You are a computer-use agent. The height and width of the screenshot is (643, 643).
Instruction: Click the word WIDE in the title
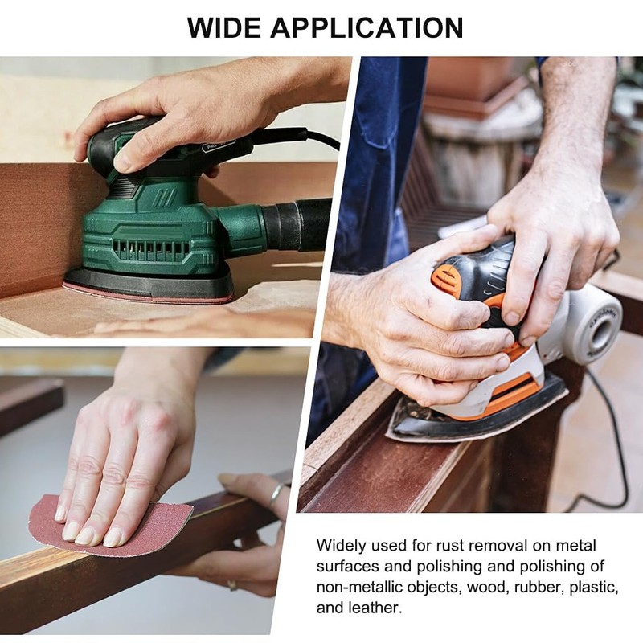pos(226,27)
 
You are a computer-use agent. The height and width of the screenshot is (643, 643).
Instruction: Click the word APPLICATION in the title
pos(367,27)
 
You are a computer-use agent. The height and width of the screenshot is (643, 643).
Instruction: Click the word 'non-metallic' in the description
pos(358,587)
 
